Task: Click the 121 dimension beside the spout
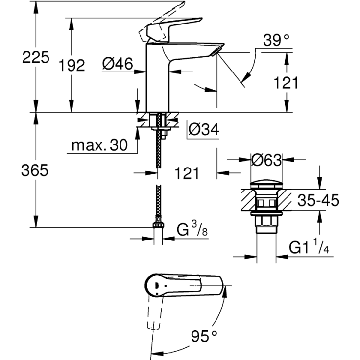coord(285,83)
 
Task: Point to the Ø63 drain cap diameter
coord(266,160)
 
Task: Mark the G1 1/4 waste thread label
coord(309,248)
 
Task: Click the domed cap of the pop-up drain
coord(265,185)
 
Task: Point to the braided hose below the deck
coord(157,147)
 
